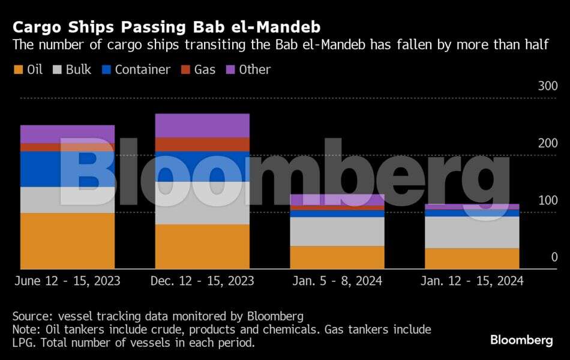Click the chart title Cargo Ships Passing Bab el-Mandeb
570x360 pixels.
tap(166, 27)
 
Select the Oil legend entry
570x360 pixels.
tap(28, 70)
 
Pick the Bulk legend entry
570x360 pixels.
tap(73, 70)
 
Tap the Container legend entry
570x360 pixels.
tap(136, 70)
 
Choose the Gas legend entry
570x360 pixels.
tap(197, 70)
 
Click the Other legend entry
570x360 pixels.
tap(248, 70)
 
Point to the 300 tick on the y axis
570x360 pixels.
tap(547, 86)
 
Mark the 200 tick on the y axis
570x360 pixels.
tap(547, 143)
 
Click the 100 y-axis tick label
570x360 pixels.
tap(547, 200)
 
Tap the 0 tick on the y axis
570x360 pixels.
tap(554, 257)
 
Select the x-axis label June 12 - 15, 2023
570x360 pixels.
tap(67, 281)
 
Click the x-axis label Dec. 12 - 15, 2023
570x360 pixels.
tap(202, 281)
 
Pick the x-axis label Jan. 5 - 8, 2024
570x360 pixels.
tap(337, 281)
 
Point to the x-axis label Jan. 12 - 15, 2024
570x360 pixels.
tap(472, 281)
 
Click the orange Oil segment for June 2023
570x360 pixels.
tap(67, 241)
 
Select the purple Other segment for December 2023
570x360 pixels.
tap(202, 125)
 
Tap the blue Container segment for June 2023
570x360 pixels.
tap(67, 169)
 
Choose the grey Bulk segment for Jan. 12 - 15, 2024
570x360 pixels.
tap(472, 232)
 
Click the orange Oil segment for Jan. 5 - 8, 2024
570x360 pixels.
tap(337, 257)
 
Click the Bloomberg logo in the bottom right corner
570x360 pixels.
tap(521, 340)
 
